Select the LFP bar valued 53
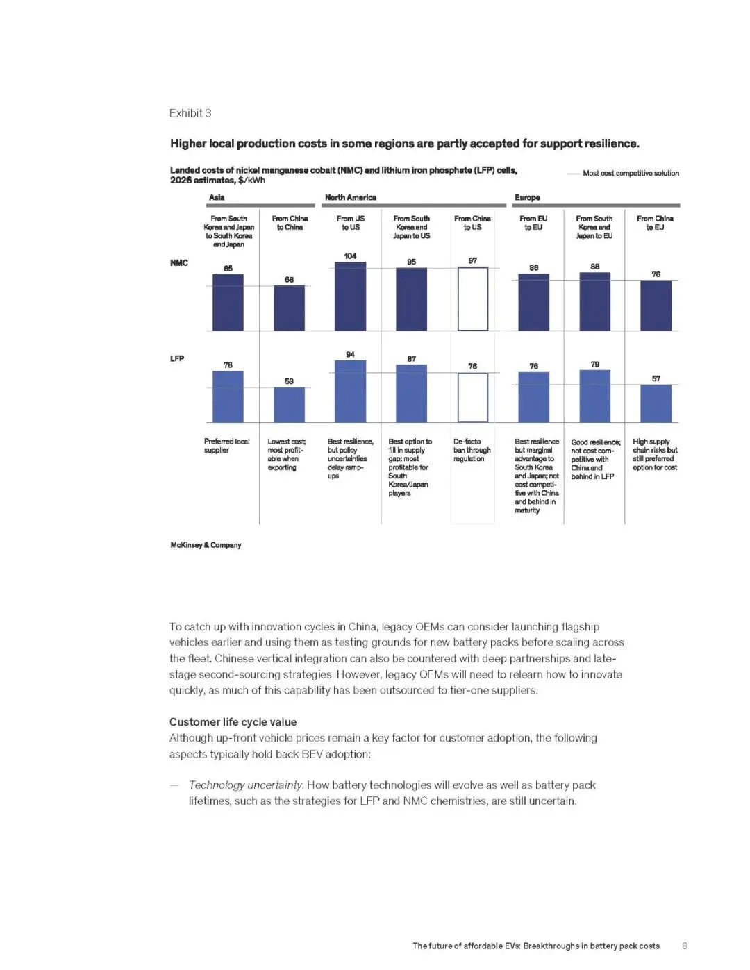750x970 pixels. (x=289, y=405)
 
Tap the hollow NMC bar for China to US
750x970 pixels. (x=472, y=299)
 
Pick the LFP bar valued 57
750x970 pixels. (x=656, y=403)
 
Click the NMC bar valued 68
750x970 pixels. (x=289, y=308)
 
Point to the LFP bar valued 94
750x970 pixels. (x=350, y=391)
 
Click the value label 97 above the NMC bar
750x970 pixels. (x=472, y=260)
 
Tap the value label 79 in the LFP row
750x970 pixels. (x=594, y=364)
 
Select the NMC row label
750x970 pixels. (x=179, y=262)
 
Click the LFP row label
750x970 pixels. (x=177, y=358)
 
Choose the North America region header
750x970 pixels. (x=351, y=197)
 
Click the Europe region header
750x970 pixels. (x=527, y=197)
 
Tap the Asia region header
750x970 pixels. (x=217, y=197)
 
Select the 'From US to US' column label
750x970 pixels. (x=350, y=223)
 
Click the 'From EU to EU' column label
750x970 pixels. (x=533, y=223)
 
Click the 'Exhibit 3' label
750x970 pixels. (x=190, y=113)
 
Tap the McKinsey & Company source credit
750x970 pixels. (x=206, y=545)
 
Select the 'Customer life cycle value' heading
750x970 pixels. (x=233, y=722)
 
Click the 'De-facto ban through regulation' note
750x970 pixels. (x=472, y=450)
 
